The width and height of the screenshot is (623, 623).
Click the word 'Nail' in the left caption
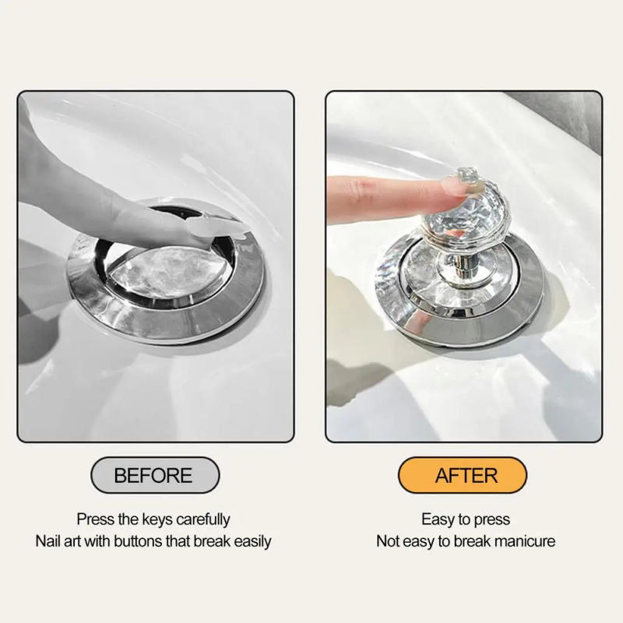48,540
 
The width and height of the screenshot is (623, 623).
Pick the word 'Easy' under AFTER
437,519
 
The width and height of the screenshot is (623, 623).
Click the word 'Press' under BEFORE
93,519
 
